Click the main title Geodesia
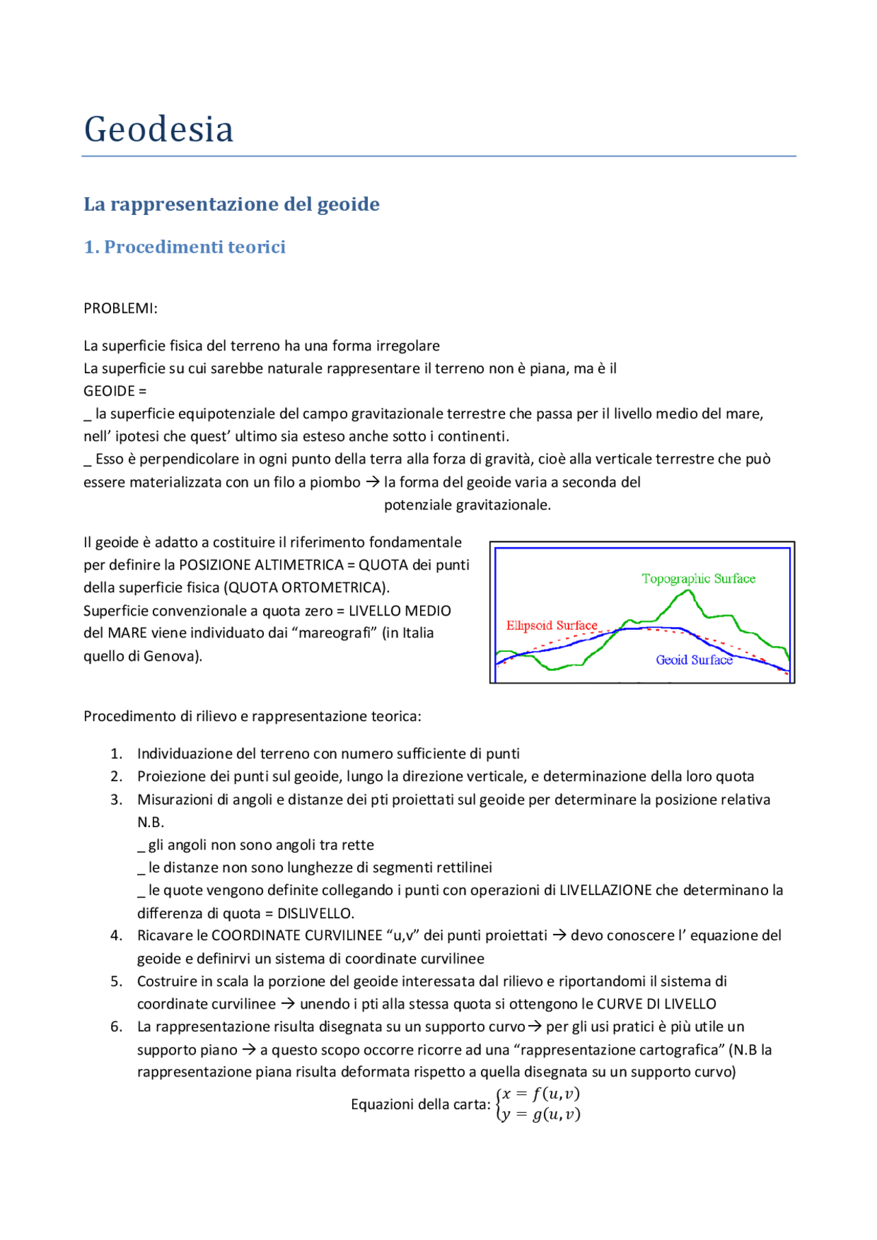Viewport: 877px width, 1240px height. (159, 129)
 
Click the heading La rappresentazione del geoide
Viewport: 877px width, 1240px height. (232, 204)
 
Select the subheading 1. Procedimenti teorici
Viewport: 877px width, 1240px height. (184, 246)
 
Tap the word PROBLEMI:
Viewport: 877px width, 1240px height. (121, 308)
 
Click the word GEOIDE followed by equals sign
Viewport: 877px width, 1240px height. (114, 391)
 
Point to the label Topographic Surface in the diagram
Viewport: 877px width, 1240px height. (698, 579)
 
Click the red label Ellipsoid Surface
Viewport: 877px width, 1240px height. (552, 625)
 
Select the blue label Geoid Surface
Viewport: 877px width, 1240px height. (694, 660)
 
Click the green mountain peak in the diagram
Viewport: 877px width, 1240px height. (685, 593)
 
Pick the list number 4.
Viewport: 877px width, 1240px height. (116, 935)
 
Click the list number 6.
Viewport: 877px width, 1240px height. (116, 1026)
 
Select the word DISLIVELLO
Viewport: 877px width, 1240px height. (315, 913)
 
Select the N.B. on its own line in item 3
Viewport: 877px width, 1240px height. (151, 822)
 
